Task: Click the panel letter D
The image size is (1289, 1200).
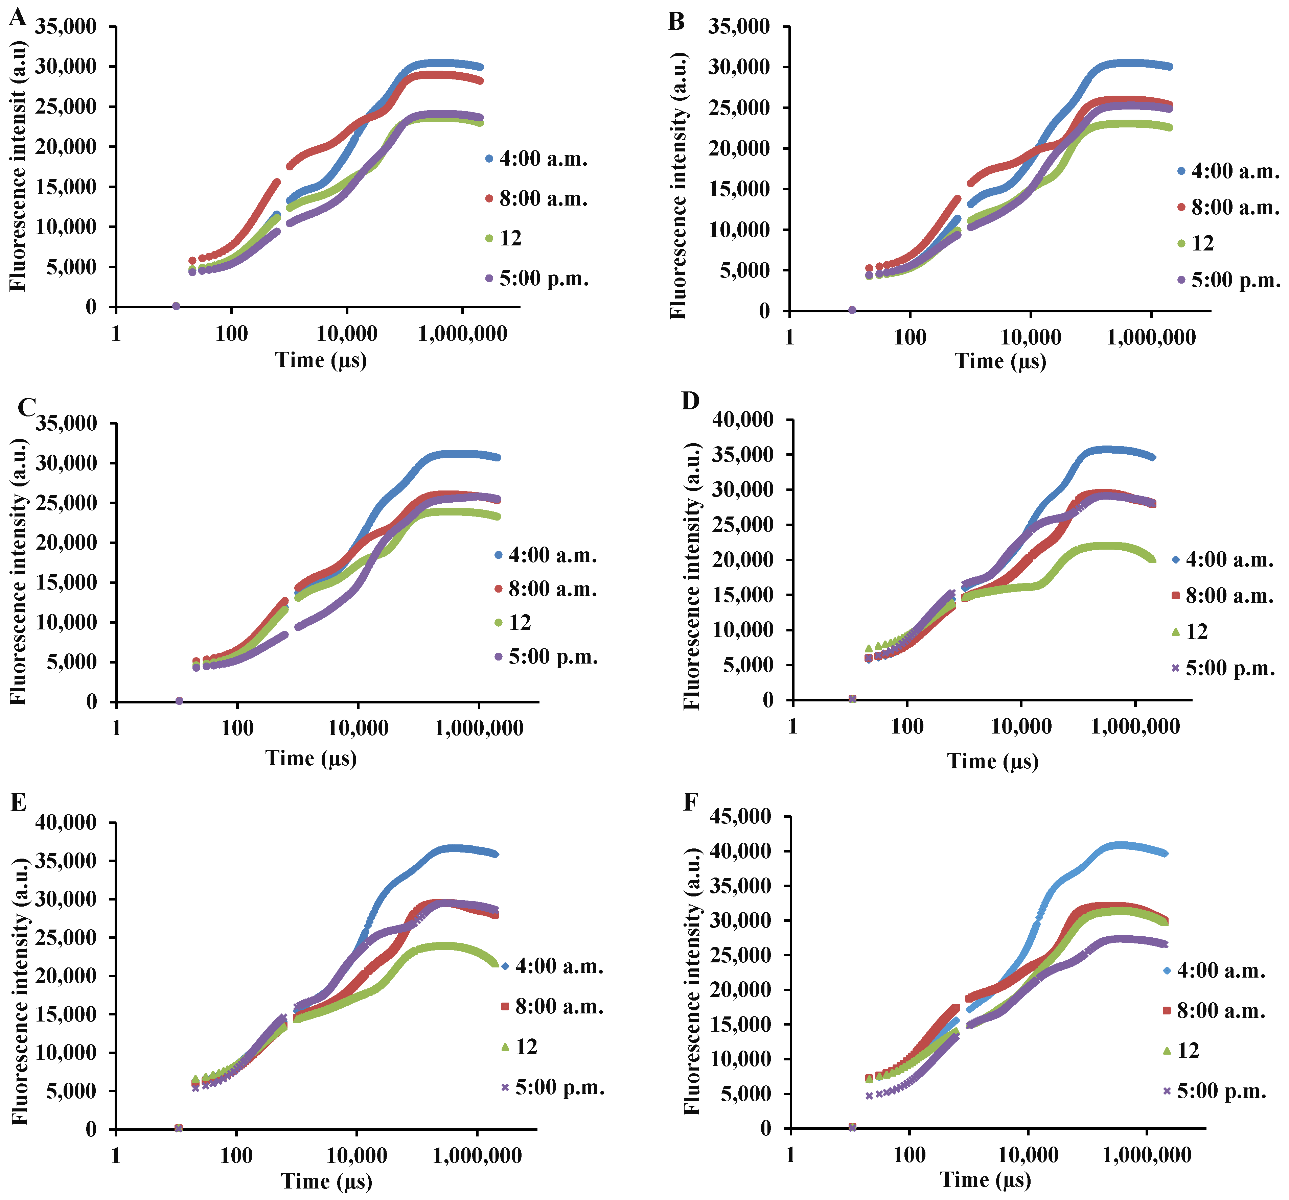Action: [x=691, y=401]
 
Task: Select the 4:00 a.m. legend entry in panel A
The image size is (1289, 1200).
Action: [x=536, y=159]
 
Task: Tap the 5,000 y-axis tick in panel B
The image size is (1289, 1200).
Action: [x=746, y=270]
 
